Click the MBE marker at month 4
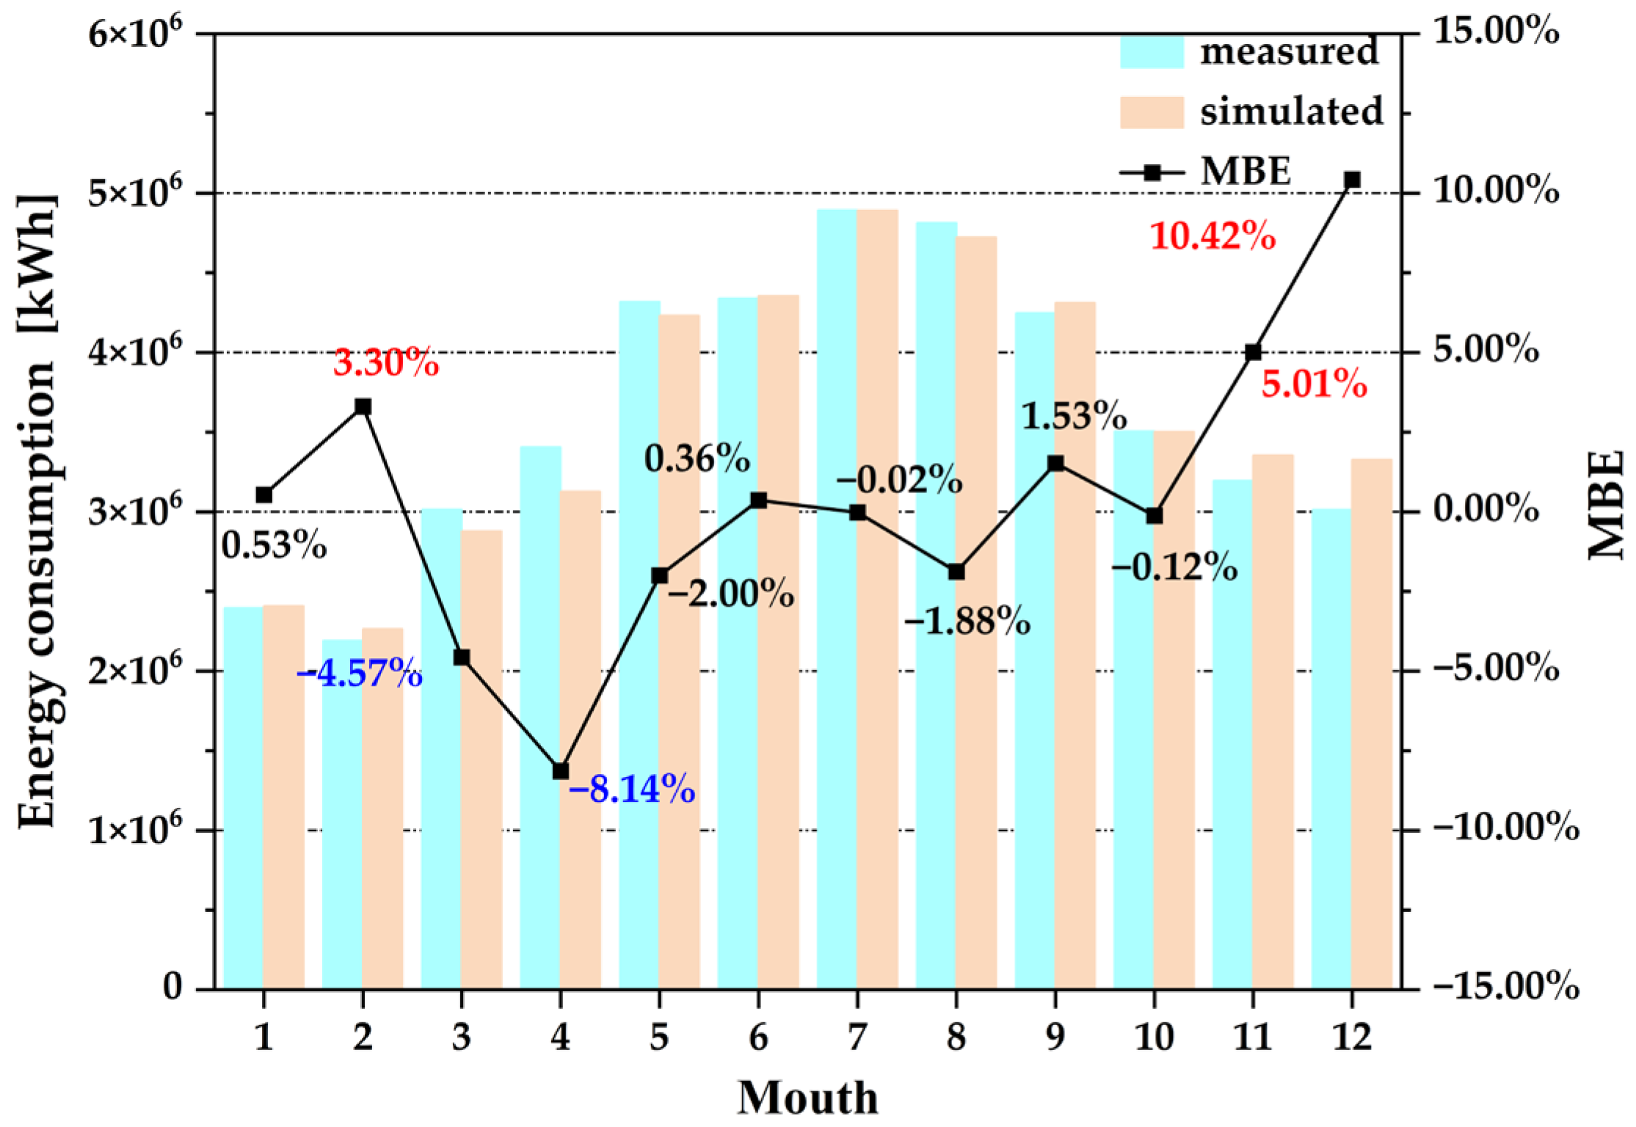pos(561,771)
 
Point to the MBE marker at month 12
pos(1352,180)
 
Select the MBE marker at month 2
pos(363,407)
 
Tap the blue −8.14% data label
pos(631,790)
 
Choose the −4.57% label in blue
pos(360,673)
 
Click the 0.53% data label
pos(274,545)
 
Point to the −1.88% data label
pos(967,621)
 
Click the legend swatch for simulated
pos(1151,112)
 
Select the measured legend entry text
pos(1289,51)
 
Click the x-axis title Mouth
pos(807,1098)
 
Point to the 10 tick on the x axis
pos(1154,1037)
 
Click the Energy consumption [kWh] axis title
pos(37,511)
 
